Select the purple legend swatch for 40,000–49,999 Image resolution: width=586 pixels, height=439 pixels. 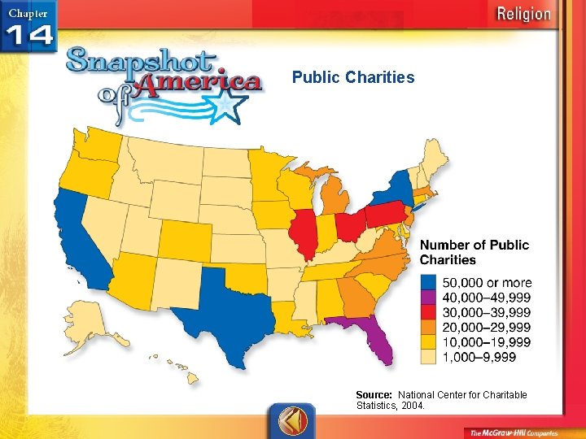click(x=430, y=298)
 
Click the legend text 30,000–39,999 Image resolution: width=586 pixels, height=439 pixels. click(x=486, y=313)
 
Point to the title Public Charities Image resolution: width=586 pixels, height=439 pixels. click(x=353, y=78)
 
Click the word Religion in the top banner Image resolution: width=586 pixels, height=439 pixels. click(x=523, y=14)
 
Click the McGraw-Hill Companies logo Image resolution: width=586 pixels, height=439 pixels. click(x=513, y=431)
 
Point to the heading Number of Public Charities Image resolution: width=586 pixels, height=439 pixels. click(x=474, y=252)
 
